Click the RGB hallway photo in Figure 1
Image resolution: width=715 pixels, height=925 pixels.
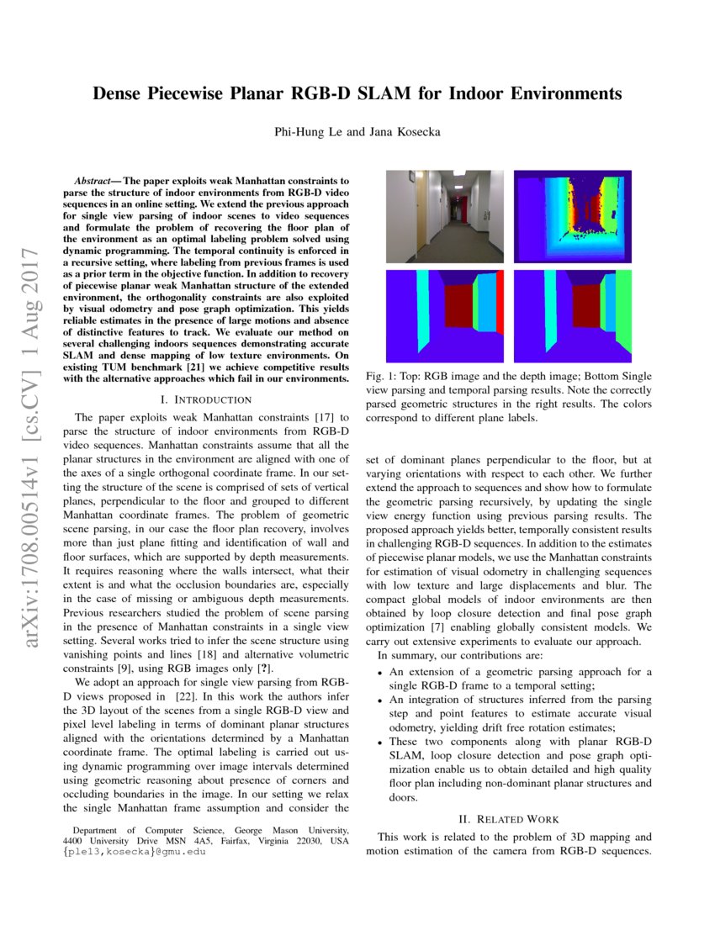(445, 217)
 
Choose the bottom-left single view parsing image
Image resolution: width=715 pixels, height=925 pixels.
(445, 315)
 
